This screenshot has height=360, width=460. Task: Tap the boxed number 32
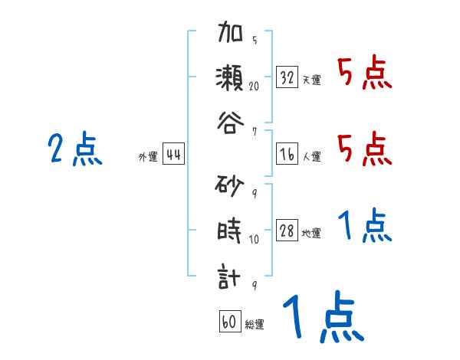click(287, 77)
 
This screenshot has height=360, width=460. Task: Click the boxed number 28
click(287, 231)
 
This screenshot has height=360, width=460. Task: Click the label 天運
click(311, 80)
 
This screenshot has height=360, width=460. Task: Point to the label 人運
click(311, 156)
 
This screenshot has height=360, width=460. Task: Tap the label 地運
click(311, 233)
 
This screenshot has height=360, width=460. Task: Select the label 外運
click(148, 156)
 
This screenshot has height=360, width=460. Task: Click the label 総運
click(254, 324)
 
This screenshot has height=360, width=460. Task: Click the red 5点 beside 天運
click(364, 74)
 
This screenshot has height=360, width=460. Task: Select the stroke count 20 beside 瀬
click(254, 86)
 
